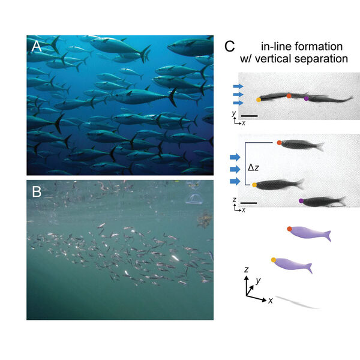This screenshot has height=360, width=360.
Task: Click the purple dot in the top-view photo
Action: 307,97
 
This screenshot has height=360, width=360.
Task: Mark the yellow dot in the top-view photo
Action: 259,100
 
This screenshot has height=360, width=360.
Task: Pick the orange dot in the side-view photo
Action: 280,143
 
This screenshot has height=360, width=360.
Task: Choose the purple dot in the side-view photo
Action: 301,200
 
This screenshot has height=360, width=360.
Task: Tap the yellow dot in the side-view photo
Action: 254,185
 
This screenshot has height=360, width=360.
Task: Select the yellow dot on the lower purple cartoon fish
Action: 274,260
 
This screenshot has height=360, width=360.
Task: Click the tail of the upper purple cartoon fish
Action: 327,236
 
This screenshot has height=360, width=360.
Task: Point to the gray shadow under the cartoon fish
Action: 297,302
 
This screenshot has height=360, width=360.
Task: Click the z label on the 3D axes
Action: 247,271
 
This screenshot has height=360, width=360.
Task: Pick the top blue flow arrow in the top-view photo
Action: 238,87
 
